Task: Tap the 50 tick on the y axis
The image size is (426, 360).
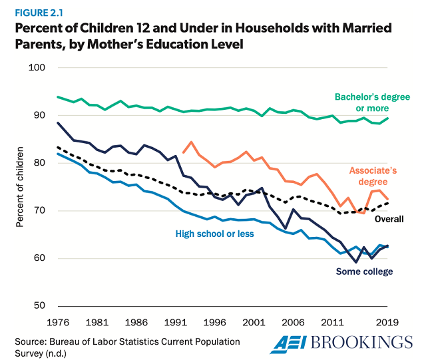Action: pos(38,306)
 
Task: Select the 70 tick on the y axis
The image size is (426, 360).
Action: pos(38,211)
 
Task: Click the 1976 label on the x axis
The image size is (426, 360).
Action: pos(59,321)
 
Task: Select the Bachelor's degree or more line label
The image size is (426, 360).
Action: pos(371,102)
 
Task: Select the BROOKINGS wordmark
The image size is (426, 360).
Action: pos(363,343)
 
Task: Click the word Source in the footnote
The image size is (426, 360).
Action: pos(31,341)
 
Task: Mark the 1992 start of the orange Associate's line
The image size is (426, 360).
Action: pos(182,152)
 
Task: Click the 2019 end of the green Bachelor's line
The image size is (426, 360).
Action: pos(389,118)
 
